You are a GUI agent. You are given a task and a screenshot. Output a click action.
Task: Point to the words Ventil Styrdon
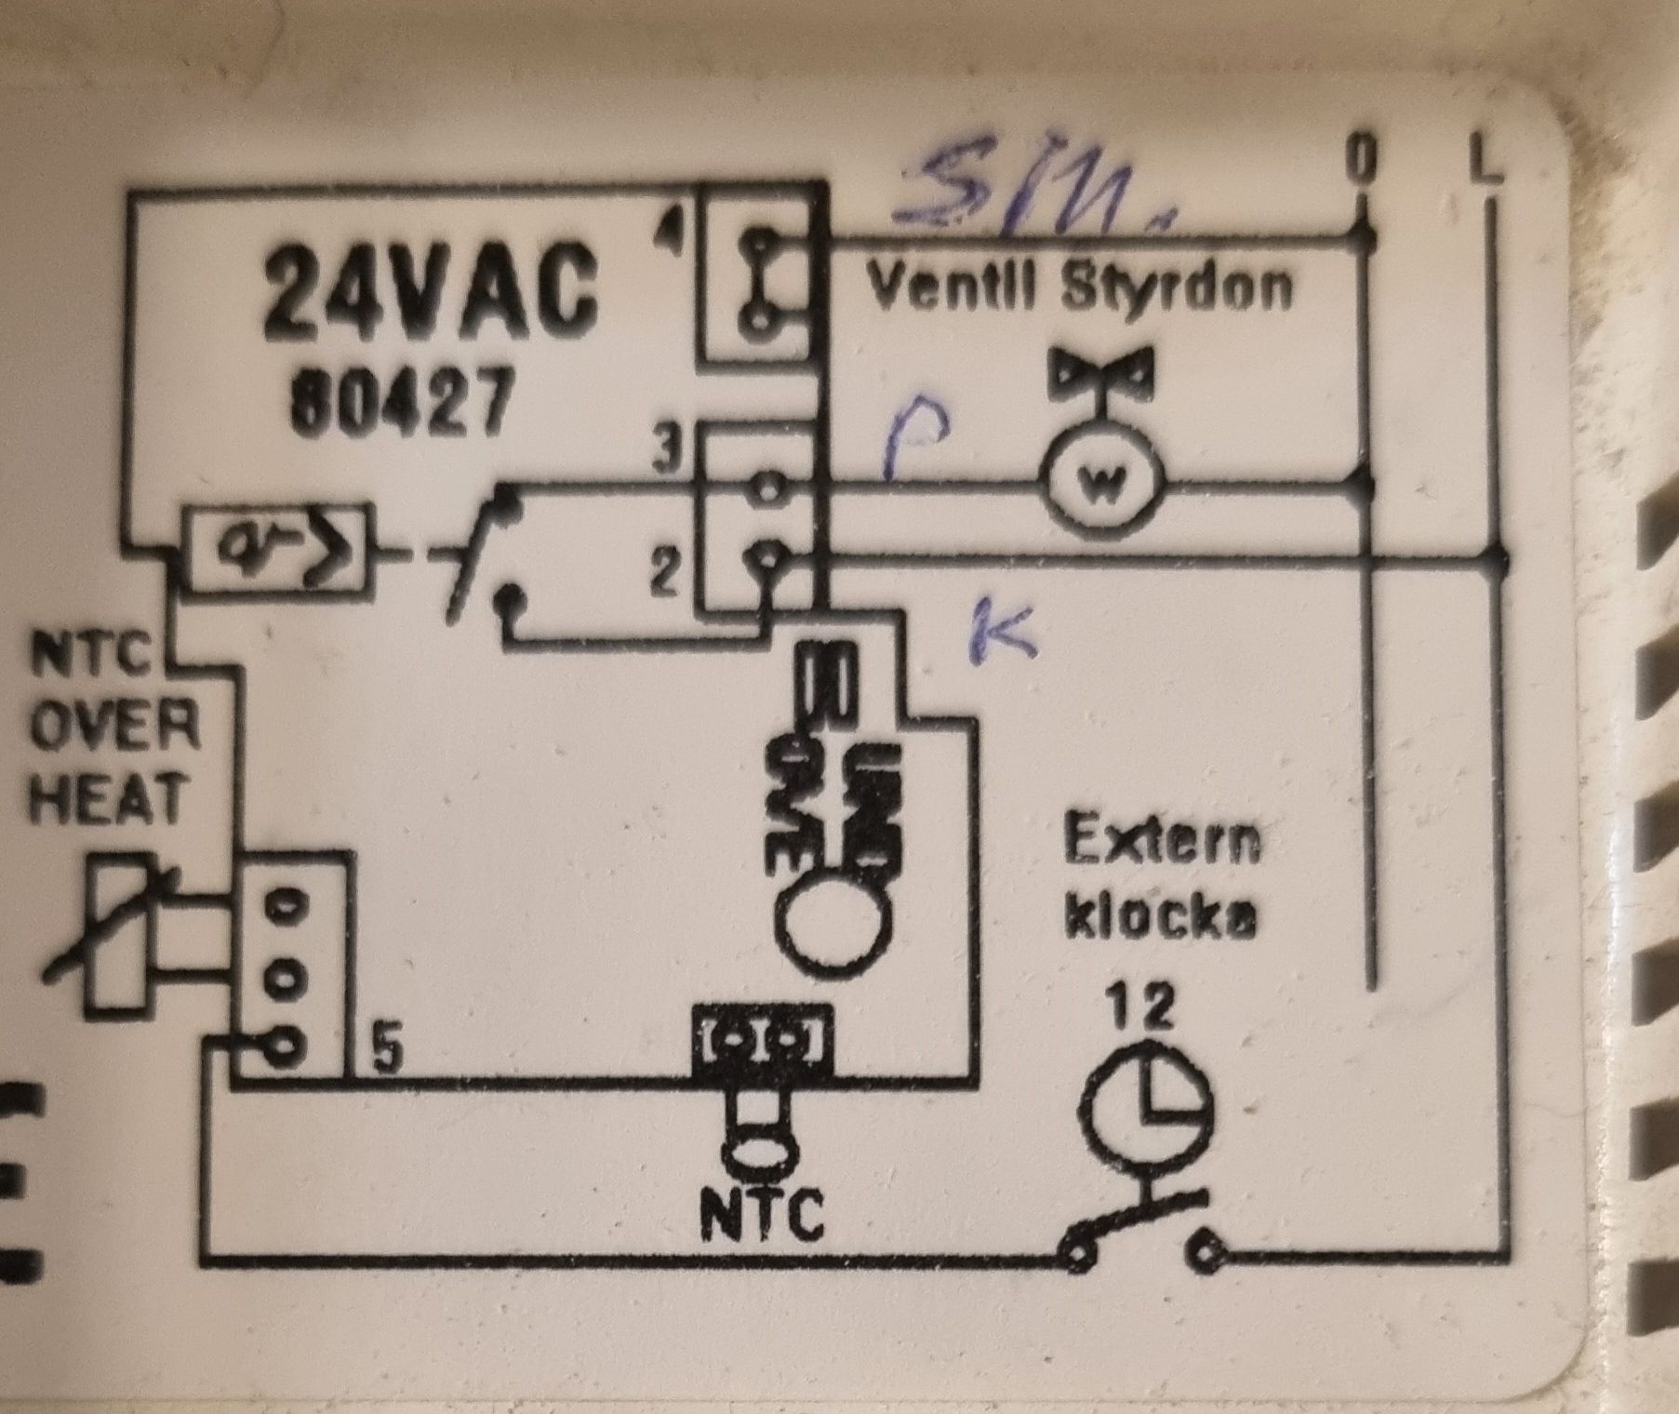1079,288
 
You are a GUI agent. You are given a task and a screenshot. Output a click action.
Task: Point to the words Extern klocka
1163,879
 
